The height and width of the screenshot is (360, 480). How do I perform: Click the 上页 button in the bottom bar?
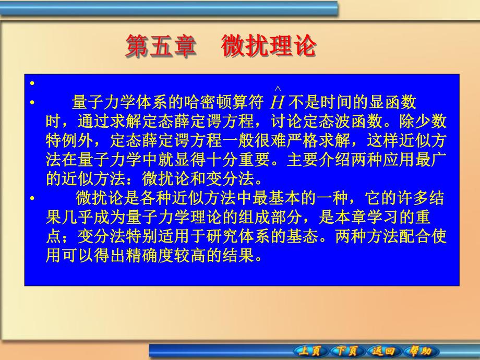pos(310,351)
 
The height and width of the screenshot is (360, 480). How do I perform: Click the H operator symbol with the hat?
pos(278,101)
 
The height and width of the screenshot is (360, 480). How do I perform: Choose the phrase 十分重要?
pos(259,160)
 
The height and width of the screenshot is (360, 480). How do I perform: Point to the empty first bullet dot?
pos(32,83)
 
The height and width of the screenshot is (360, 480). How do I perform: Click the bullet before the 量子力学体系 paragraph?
pos(32,103)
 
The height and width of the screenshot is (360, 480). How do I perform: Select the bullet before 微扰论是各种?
pos(32,198)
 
